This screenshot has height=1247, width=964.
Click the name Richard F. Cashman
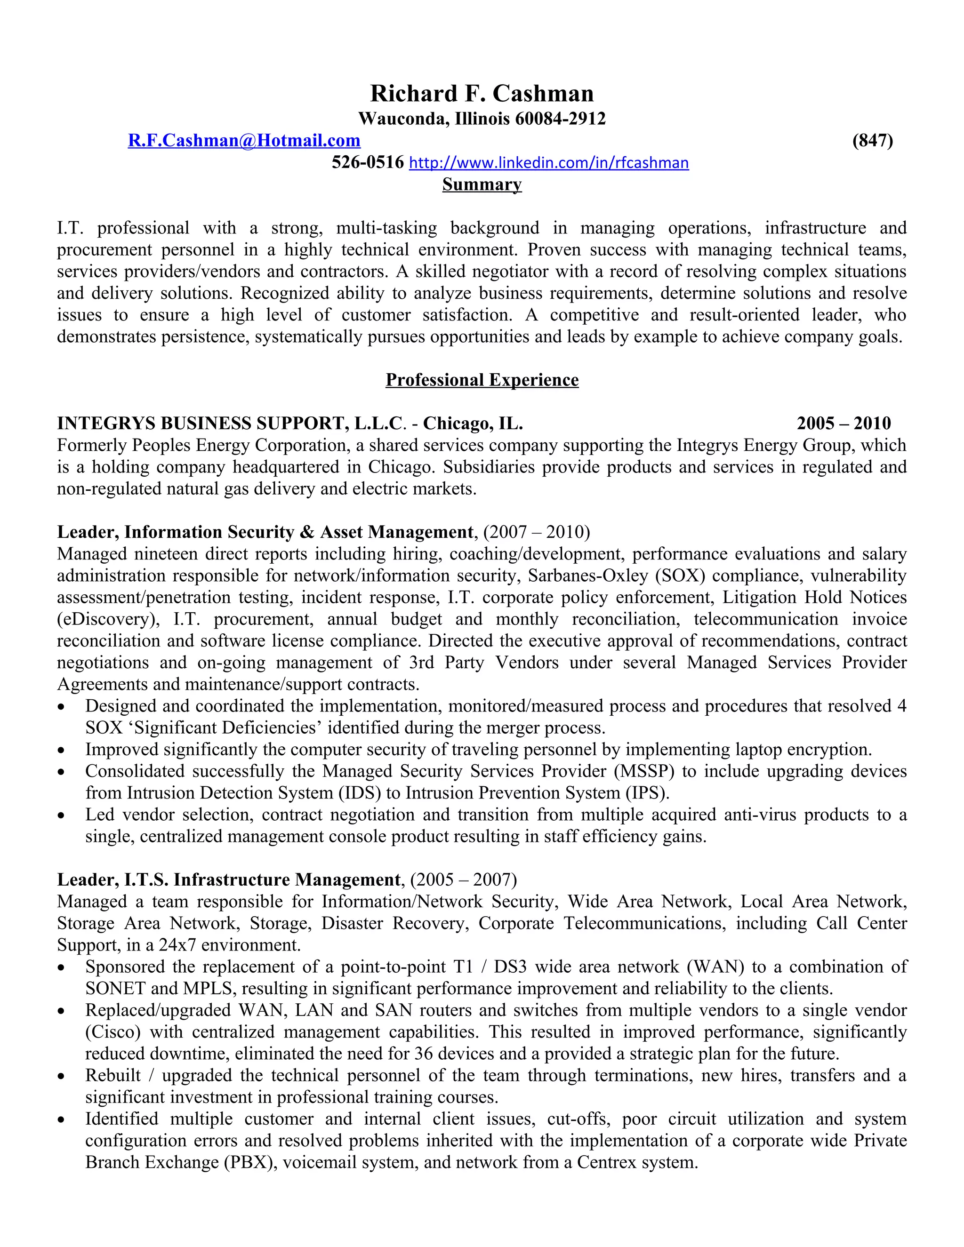coord(482,94)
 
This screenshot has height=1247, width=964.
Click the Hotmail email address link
coord(244,140)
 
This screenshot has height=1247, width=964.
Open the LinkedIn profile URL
coord(549,163)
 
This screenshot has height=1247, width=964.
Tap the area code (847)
coord(872,140)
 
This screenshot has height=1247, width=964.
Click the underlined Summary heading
coord(482,184)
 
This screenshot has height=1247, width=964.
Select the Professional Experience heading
coord(482,380)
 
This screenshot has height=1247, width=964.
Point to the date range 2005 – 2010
coord(843,424)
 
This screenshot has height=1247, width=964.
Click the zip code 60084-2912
coord(560,119)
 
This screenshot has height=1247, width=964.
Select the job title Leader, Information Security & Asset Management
coord(265,532)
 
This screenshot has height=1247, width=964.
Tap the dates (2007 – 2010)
coord(536,532)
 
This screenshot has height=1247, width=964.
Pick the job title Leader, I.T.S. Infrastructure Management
coord(228,880)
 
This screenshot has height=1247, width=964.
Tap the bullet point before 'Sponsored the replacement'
coord(62,968)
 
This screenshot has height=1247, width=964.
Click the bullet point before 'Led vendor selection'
coord(62,816)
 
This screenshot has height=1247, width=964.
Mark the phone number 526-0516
coord(368,163)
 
